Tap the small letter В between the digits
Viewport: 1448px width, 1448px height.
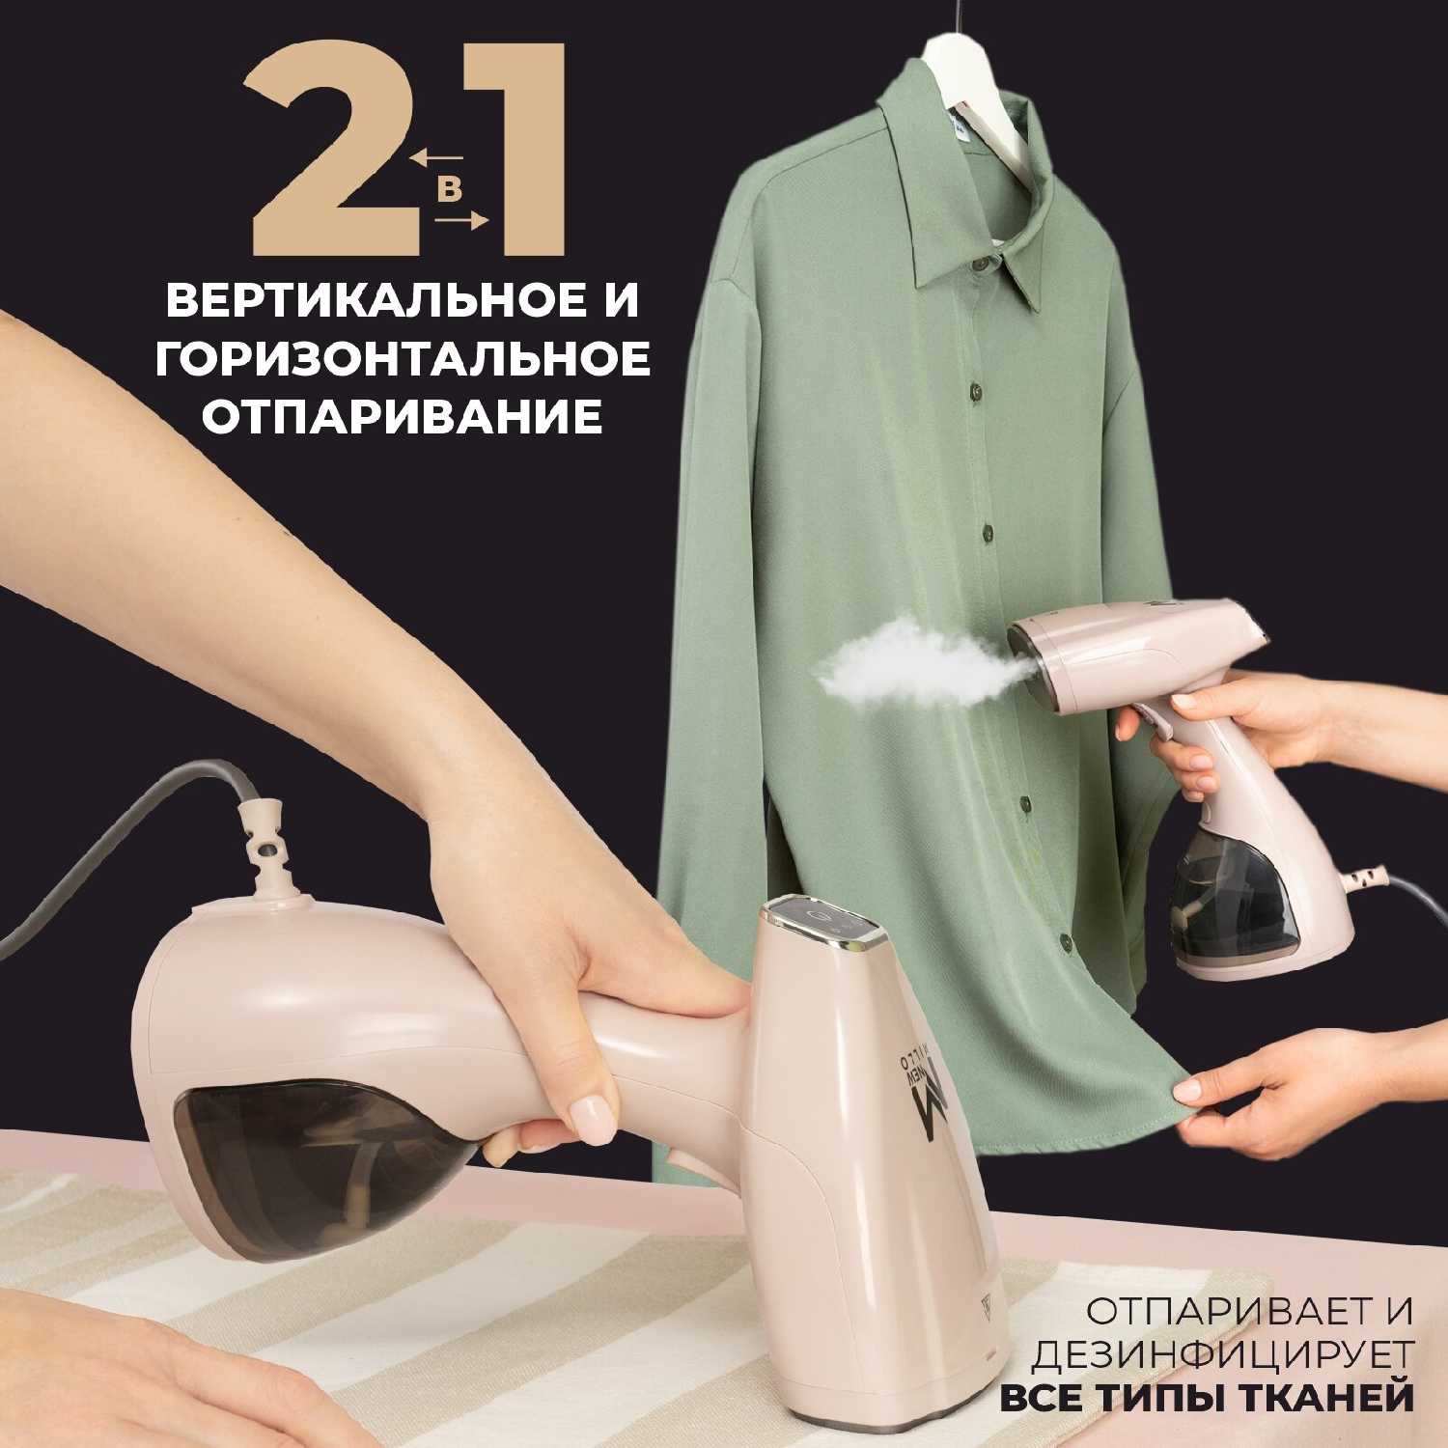pyautogui.click(x=449, y=189)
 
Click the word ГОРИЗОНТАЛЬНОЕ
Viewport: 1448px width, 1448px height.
pyautogui.click(x=403, y=359)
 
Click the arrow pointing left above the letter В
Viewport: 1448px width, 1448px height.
pyautogui.click(x=436, y=156)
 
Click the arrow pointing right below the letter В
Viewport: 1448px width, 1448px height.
pyautogui.click(x=461, y=221)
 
